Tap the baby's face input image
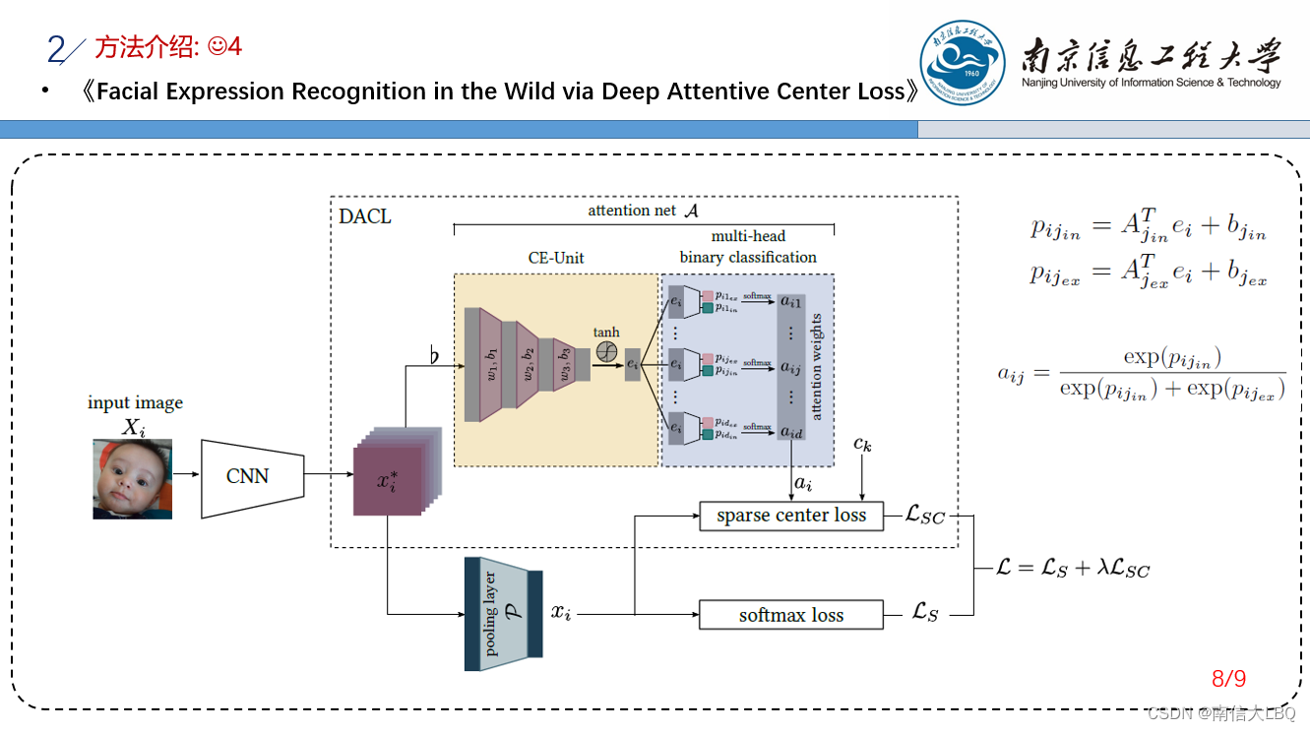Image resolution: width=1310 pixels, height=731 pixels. click(132, 479)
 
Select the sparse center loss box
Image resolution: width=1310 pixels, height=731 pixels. click(791, 516)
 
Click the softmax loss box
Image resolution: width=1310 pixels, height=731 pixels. click(791, 615)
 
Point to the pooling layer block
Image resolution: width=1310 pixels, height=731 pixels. click(503, 614)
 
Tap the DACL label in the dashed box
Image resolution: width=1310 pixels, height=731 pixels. click(365, 216)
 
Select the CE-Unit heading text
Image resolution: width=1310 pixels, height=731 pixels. click(556, 258)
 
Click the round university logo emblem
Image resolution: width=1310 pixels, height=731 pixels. click(962, 62)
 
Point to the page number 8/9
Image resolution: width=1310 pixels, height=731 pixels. click(1228, 679)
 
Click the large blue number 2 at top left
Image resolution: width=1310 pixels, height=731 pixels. click(56, 48)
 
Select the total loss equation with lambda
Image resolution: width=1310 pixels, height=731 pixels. click(1073, 568)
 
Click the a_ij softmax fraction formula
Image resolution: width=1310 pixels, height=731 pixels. click(1142, 373)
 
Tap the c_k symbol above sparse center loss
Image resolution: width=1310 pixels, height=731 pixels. click(862, 445)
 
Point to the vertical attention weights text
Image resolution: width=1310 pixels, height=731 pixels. click(816, 366)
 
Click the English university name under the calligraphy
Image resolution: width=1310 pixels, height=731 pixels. click(1152, 83)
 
